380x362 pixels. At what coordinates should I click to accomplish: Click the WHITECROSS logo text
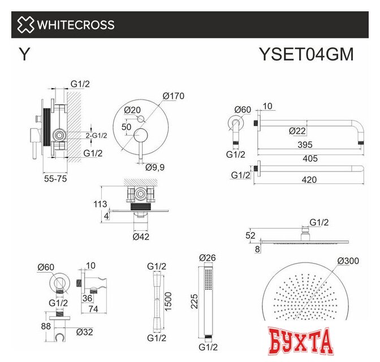(x=75, y=25)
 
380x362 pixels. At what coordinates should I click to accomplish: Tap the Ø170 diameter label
(x=174, y=96)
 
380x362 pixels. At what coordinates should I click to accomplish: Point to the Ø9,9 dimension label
(x=155, y=167)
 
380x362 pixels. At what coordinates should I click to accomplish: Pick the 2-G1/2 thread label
(x=96, y=135)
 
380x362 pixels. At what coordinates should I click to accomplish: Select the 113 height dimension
(x=101, y=204)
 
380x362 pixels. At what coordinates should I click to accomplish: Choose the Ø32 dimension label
(x=84, y=331)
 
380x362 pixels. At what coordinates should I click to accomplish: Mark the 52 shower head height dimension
(x=251, y=235)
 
